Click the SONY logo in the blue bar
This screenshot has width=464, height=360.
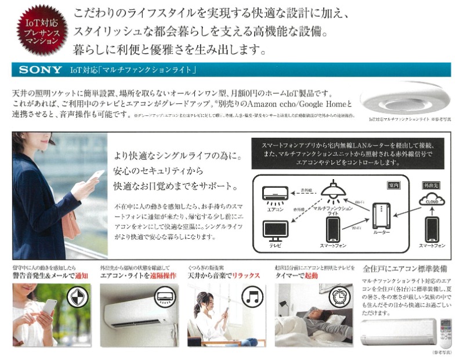tap(40, 70)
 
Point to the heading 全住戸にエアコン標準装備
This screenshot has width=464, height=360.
tap(404, 268)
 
